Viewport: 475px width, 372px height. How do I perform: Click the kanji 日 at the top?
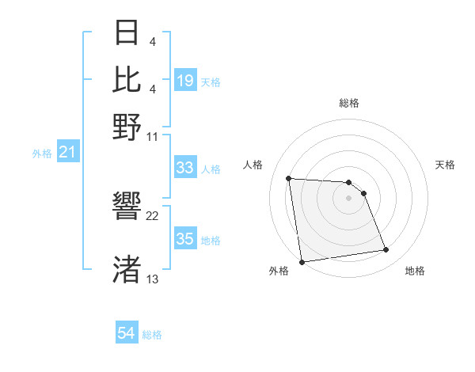click(127, 34)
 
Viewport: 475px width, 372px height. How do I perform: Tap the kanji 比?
click(127, 79)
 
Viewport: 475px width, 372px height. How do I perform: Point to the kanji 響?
click(127, 207)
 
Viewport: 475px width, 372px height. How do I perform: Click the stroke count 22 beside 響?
click(153, 216)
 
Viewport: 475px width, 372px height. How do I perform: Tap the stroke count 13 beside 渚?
click(153, 279)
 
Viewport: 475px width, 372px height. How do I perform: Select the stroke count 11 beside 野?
click(153, 135)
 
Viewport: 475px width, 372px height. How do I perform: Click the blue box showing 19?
click(185, 80)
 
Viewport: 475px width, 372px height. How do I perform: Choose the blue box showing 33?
click(185, 168)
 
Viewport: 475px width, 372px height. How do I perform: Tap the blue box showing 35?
click(185, 239)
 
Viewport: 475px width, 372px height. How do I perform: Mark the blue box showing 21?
click(66, 152)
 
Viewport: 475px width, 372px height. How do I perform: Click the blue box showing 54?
click(127, 333)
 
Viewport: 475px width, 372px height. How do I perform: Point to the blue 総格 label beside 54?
click(152, 335)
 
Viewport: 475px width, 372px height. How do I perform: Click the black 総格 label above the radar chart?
click(349, 103)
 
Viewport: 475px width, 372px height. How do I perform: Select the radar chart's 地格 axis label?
click(415, 271)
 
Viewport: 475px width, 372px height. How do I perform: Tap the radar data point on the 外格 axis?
click(302, 261)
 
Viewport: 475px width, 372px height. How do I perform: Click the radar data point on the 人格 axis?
click(289, 178)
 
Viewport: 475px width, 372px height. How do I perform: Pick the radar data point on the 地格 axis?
click(386, 250)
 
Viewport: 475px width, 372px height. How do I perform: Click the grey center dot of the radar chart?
click(349, 198)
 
